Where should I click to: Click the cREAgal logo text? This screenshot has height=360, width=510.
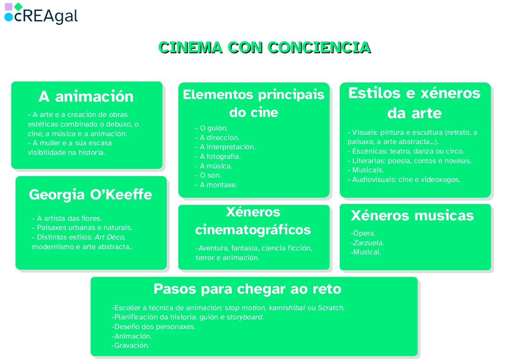click(46, 16)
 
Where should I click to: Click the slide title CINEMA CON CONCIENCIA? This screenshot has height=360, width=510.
click(264, 47)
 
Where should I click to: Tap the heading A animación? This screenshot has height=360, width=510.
click(86, 96)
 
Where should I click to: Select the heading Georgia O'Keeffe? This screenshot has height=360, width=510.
click(90, 195)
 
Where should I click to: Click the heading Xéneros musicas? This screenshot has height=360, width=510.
click(412, 215)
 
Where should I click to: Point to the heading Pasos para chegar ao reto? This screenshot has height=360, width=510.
click(247, 289)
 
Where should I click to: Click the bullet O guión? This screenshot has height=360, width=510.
click(211, 128)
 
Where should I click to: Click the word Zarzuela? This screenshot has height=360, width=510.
click(368, 243)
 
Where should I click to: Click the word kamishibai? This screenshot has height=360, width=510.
click(286, 308)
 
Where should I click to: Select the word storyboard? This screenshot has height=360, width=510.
click(245, 317)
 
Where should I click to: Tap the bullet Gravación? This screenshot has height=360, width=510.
click(130, 345)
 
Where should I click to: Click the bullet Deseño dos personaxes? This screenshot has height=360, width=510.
click(153, 326)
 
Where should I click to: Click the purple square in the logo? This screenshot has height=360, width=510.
click(8, 7)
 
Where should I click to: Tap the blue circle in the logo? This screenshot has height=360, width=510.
click(8, 17)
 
